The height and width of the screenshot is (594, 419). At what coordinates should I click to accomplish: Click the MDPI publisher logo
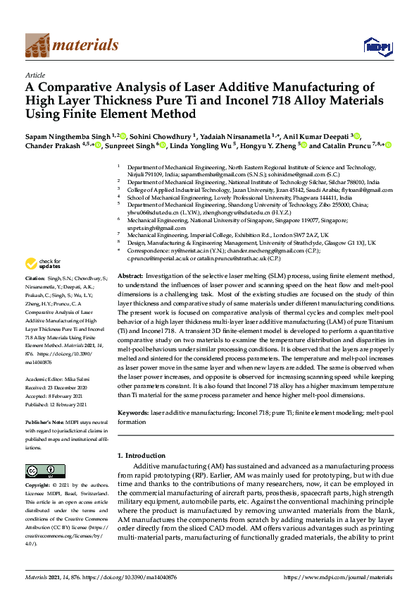(x=376, y=46)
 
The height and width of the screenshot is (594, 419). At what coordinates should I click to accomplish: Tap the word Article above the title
(x=35, y=75)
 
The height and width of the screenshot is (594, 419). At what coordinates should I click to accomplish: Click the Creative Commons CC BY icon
(x=40, y=471)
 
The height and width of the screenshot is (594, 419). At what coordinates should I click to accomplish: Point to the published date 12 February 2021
(x=70, y=403)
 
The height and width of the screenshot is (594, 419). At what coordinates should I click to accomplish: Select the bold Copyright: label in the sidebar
(x=39, y=485)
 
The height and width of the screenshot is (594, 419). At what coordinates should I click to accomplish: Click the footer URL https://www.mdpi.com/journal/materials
(x=337, y=578)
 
